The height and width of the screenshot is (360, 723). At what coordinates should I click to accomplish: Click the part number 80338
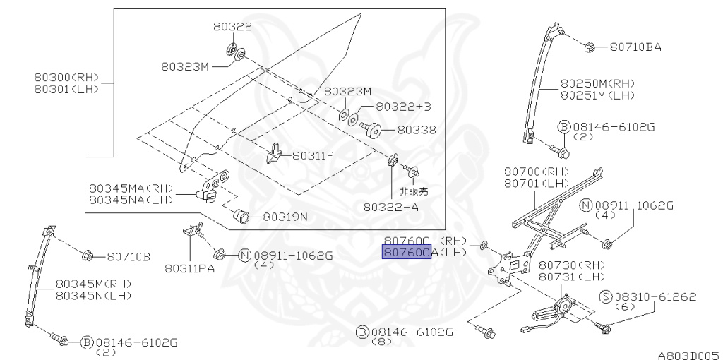click(x=417, y=130)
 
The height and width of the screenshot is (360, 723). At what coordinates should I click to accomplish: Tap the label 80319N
click(x=285, y=216)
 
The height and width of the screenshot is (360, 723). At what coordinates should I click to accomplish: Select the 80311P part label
click(x=313, y=156)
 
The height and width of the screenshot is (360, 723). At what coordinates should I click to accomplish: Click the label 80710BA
click(x=635, y=47)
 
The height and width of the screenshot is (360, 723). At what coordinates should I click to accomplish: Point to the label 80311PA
click(x=189, y=268)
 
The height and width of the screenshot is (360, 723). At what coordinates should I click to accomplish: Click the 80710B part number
click(x=129, y=257)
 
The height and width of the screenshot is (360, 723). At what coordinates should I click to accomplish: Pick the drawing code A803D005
click(x=689, y=355)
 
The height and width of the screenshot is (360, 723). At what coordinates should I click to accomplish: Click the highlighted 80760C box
click(x=406, y=252)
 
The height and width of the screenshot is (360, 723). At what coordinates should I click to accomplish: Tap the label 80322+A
click(x=391, y=207)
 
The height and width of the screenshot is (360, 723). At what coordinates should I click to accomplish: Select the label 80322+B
click(x=403, y=107)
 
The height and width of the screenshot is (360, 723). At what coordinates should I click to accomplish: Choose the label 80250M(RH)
click(x=597, y=84)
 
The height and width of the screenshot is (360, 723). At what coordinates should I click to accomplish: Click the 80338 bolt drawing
click(x=370, y=128)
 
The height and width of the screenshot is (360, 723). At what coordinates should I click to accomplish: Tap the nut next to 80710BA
click(x=589, y=47)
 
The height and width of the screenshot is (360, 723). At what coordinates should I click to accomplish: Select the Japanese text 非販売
click(x=413, y=191)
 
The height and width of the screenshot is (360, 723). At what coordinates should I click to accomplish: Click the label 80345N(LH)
click(x=94, y=296)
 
